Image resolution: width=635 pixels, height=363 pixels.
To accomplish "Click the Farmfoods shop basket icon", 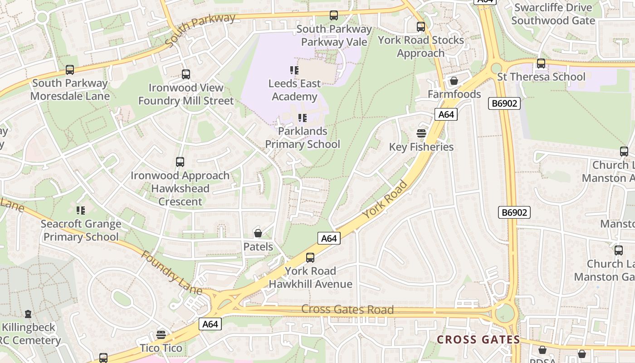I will click(454, 81).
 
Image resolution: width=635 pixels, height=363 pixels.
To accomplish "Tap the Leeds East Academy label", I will click(294, 90).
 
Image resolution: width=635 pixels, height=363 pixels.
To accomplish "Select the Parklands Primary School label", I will click(303, 137).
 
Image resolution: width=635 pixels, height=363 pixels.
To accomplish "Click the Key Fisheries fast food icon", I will click(421, 133).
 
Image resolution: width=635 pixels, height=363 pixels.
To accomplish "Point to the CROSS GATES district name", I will click(478, 339).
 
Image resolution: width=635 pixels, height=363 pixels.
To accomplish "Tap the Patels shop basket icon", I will click(258, 233).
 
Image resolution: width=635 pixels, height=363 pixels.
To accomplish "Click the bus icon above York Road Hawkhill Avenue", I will click(310, 258).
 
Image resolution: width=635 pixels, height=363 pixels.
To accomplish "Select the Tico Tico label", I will click(161, 348).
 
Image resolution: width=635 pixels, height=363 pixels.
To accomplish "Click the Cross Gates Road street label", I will click(347, 309).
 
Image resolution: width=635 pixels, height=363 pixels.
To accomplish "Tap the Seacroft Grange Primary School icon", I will click(81, 210).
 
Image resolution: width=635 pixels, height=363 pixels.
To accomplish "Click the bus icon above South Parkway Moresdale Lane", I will click(70, 70).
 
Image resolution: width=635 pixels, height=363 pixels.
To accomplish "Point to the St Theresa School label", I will click(541, 77).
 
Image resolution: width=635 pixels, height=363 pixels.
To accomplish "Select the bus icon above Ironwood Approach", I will click(180, 162).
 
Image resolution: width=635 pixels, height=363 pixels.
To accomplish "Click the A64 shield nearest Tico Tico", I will click(210, 324).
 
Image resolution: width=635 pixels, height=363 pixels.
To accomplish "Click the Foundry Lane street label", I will click(171, 271).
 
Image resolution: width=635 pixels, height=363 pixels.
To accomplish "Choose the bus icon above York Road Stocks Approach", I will click(421, 27).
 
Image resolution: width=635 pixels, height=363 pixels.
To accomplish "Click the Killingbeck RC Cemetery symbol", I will click(28, 314).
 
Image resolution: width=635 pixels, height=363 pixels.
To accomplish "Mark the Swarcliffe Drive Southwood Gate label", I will click(553, 14).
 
